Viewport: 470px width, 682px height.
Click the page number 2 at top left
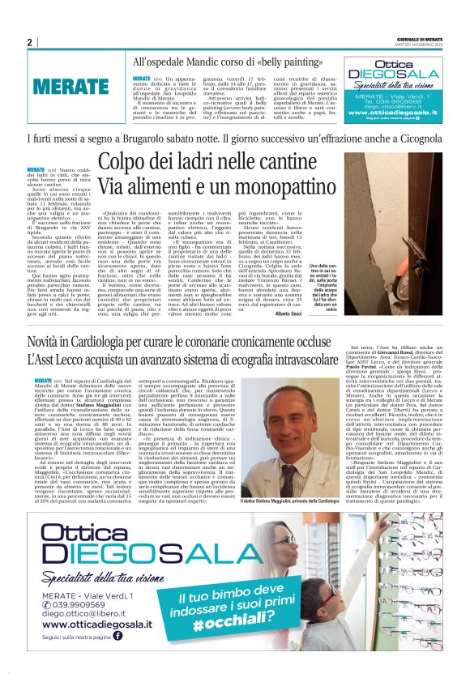29,42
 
